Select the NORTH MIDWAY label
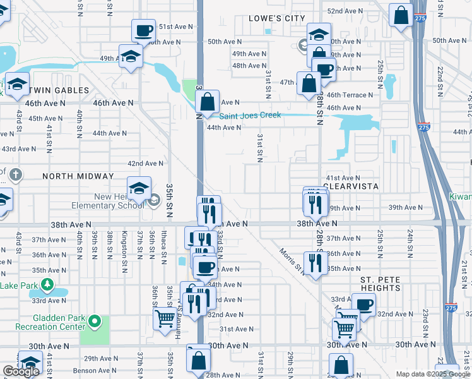[x=78, y=176]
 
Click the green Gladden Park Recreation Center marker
[x=94, y=322]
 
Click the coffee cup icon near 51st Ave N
[x=143, y=30]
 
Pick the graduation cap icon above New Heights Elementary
[x=139, y=188]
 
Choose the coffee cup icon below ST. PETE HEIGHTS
[x=363, y=304]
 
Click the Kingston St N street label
[x=124, y=247]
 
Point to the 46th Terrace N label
[x=350, y=95]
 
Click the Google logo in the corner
[x=21, y=371]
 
